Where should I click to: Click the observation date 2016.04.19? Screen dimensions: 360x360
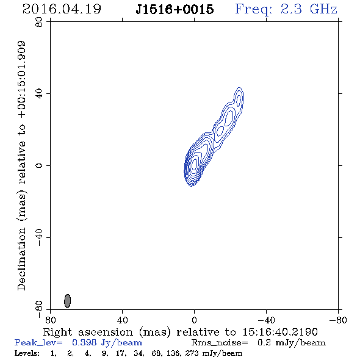coord(62,9)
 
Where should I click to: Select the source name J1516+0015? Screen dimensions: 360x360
coord(175,9)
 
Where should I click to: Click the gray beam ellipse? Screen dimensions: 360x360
coord(67,301)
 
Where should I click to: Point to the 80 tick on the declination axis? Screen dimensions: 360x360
coord(39,22)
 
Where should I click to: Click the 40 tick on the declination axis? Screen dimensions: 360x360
coord(39,94)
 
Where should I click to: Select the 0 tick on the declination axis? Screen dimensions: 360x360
coord(39,165)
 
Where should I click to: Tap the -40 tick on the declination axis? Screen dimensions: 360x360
coord(39,237)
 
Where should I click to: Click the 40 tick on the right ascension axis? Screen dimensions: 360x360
coord(123,320)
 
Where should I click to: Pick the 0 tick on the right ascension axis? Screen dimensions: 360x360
coord(194,320)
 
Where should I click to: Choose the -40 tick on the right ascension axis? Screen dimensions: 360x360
coord(266,320)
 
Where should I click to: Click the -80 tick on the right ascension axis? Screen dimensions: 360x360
coord(338,320)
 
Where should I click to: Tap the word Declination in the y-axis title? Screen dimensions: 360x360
coord(21,259)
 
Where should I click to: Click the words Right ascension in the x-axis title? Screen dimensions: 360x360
coord(88,332)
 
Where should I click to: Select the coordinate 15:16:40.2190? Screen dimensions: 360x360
coord(280,332)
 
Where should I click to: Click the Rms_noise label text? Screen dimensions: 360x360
coord(220,343)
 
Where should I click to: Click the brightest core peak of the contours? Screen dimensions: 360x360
coord(195,164)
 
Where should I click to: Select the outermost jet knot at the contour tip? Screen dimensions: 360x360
coord(239,100)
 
